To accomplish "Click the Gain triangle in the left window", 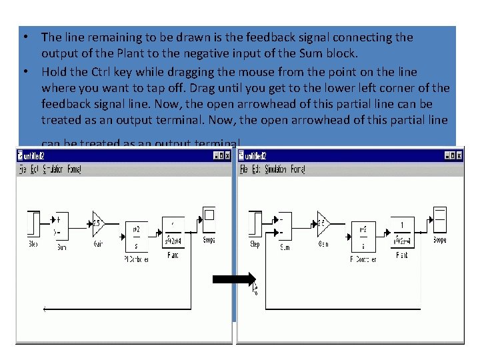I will (x=98, y=223).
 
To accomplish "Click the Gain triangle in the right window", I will (x=323, y=222).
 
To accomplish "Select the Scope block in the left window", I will (x=209, y=218).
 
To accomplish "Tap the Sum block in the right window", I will (x=285, y=227).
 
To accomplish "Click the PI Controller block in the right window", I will (x=363, y=237).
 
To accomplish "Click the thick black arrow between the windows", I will (x=233, y=280).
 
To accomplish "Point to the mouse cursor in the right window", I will (x=255, y=288).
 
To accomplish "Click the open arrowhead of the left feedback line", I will (x=45, y=309).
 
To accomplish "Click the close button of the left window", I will (x=227, y=155).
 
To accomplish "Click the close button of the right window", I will (x=459, y=155).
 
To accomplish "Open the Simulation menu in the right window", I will (x=275, y=169).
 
